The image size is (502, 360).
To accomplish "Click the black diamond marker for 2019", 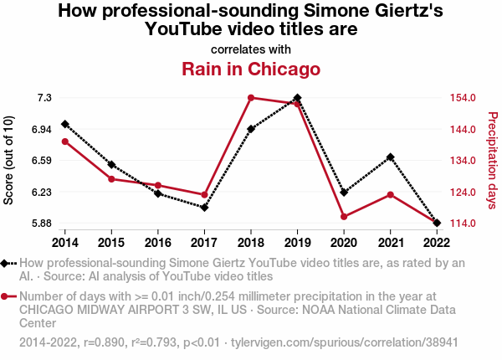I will [297, 98].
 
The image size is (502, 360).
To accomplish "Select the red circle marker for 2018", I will [251, 98].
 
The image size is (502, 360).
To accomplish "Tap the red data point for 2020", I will [344, 217].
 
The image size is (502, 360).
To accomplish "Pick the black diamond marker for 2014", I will [65, 124].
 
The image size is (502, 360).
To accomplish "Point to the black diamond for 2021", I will [390, 157].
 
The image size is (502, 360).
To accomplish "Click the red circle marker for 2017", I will [204, 194].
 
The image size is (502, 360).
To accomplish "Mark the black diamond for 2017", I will [204, 208].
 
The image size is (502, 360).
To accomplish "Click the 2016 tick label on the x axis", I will [158, 243].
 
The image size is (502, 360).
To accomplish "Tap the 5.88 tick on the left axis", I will [42, 224].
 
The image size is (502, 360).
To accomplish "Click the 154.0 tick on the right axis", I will [461, 98].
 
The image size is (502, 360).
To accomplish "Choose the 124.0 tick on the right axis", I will [461, 192].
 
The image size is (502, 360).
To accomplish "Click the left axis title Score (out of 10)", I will [9, 161].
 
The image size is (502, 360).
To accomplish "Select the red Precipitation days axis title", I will [492, 161].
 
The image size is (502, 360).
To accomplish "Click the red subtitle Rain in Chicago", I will [251, 68].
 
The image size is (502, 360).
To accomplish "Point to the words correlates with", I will [251, 49].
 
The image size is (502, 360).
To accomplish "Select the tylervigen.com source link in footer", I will [344, 343].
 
